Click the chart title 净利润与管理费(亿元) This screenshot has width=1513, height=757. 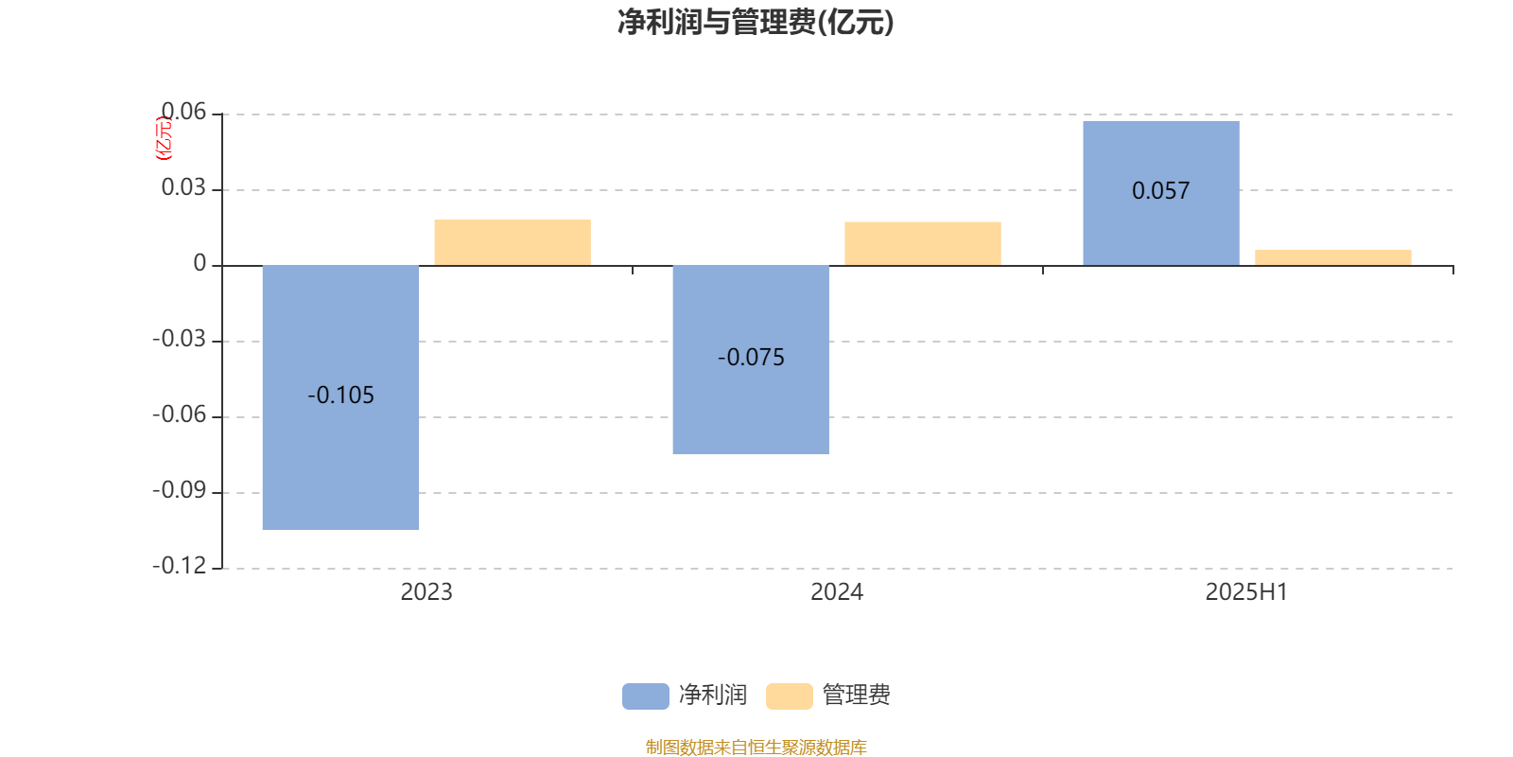[756, 23]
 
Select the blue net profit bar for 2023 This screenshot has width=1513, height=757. [340, 397]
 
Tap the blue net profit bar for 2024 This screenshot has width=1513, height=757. [751, 360]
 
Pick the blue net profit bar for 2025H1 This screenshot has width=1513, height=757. [1161, 193]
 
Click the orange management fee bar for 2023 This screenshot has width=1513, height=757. [513, 242]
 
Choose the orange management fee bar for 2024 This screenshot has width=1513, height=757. [923, 243]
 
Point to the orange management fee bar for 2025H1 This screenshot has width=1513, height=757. [1333, 257]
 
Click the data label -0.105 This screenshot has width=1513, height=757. [340, 395]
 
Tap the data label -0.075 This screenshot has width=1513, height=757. [751, 357]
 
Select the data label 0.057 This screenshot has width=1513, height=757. [1161, 190]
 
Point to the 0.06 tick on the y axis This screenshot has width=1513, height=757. [183, 112]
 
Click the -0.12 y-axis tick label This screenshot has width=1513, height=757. [179, 566]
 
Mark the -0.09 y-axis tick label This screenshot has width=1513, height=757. [179, 490]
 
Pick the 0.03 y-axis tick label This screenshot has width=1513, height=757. [183, 187]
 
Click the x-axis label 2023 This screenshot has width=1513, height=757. [426, 592]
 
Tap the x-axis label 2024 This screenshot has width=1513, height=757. [837, 592]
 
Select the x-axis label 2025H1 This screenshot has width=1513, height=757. [1247, 592]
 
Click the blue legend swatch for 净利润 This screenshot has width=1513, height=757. [646, 696]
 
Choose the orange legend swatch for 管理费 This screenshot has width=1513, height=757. [789, 696]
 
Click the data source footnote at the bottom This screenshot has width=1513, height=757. [756, 747]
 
